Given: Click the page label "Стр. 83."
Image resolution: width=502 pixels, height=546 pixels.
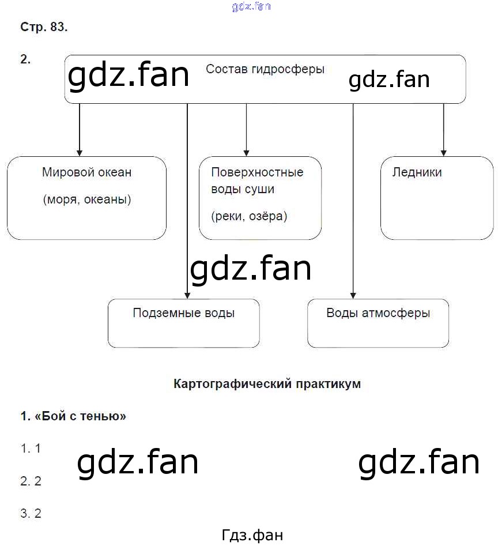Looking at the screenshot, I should coord(44,27).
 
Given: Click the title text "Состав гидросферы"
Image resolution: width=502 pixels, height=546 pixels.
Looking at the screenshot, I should coord(265,69).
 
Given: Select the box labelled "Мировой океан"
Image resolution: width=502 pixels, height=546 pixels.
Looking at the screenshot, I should coord(86,198).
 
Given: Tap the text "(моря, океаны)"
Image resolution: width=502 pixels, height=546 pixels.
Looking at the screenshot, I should coord(87,200).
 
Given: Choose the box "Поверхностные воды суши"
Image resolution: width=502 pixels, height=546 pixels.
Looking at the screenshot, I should coord(260,198).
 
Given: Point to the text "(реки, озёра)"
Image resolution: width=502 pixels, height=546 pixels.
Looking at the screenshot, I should coord(249,216).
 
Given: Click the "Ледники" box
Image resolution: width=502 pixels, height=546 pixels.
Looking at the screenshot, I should coord(437,198).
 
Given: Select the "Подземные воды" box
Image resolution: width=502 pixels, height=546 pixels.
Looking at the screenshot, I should coord(183,323).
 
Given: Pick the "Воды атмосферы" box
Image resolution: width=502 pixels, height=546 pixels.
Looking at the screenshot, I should coord(378,323).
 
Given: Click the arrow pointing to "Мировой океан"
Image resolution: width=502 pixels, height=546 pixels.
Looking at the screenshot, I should coord(79,130).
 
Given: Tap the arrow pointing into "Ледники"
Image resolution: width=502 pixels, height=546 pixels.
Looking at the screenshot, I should coord(443,130).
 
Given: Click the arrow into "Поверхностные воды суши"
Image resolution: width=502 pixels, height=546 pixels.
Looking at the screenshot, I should coord(246,130).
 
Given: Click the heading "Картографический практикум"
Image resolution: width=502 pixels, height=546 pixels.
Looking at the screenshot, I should coord(267,384).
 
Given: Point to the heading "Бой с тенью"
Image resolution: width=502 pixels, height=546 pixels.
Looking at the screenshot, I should coord(73,416).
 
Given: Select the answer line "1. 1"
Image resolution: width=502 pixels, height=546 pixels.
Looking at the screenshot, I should coord(31,448).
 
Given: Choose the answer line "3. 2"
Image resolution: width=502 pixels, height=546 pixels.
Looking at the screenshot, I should coord(31,514).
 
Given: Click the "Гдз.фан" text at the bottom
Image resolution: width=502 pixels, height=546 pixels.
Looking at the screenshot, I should coord(252,535).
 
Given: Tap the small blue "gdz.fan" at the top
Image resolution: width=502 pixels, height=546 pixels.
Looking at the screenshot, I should coord(251,6).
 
